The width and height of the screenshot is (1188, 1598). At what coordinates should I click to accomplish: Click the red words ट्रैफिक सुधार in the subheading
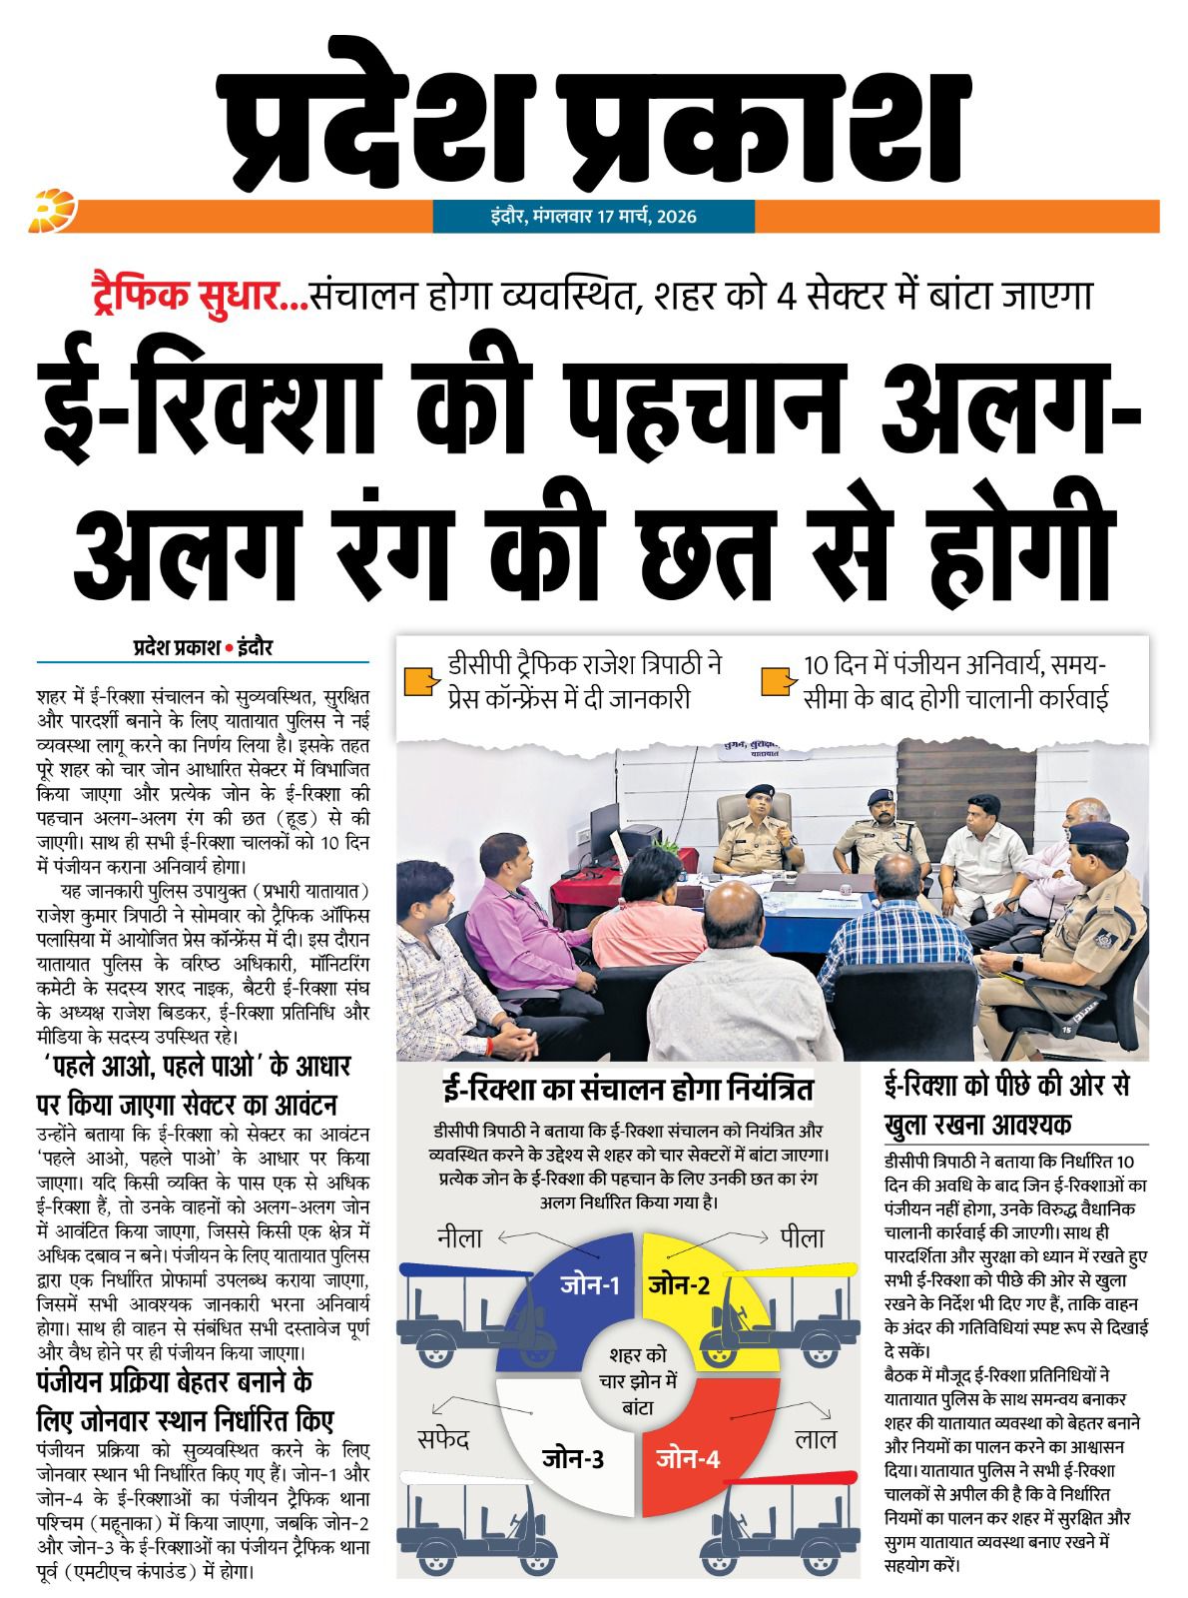[x=194, y=296]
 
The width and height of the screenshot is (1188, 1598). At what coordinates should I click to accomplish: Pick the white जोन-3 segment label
[x=573, y=1458]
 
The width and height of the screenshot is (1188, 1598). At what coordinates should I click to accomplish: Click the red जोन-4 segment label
[x=688, y=1458]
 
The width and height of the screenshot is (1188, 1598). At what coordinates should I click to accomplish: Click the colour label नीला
[x=459, y=1238]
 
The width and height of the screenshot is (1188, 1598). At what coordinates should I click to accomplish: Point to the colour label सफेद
[x=442, y=1439]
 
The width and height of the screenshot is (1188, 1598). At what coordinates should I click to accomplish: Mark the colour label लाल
[x=816, y=1439]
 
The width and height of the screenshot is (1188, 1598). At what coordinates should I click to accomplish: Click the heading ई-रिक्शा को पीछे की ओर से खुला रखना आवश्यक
[x=1008, y=1106]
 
